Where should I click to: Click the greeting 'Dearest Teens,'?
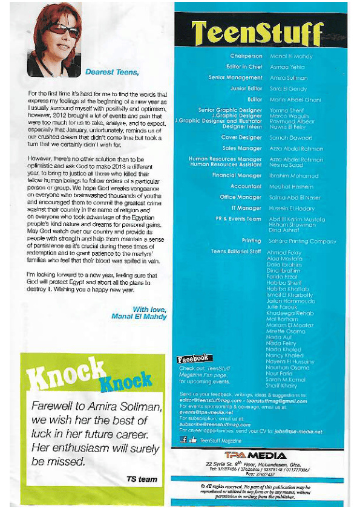tap(112, 72)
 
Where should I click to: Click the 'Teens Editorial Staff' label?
tap(236, 251)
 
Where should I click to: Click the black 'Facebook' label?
tap(192, 359)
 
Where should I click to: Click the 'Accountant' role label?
tap(246, 187)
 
